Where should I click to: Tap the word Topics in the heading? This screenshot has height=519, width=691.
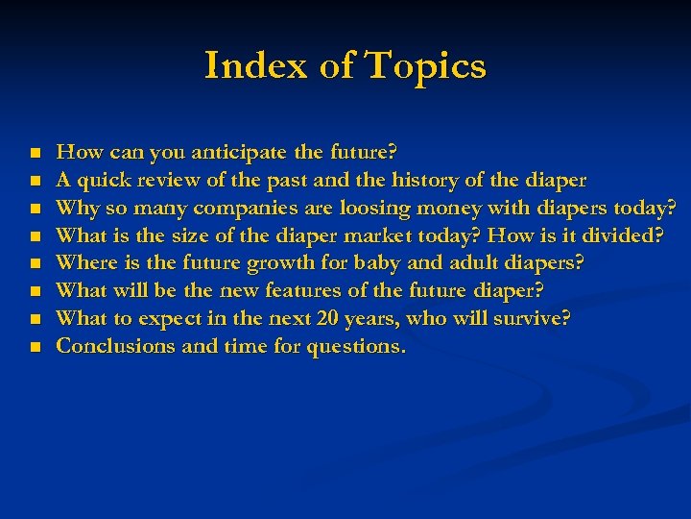[x=424, y=66]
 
